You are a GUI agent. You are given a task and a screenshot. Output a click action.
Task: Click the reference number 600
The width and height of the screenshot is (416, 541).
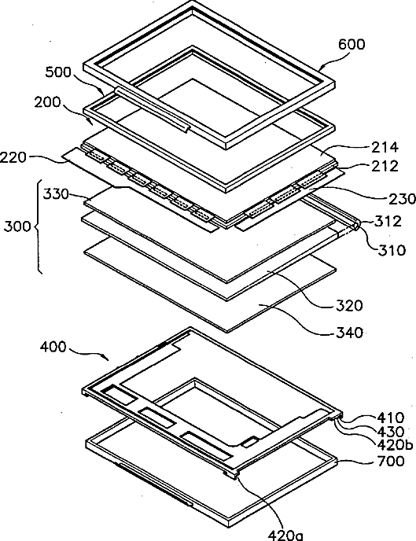[352, 45]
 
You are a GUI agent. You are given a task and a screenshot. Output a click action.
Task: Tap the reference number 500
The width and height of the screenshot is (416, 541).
[58, 72]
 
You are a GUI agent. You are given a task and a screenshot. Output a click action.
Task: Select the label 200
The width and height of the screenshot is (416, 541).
[48, 102]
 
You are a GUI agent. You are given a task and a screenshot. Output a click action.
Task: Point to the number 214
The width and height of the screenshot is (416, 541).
[385, 148]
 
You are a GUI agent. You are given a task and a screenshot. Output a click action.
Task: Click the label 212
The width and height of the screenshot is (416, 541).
[385, 166]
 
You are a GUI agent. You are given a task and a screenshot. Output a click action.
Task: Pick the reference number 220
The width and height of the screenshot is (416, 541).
[13, 158]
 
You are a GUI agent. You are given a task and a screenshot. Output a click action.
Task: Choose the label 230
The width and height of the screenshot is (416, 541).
[402, 199]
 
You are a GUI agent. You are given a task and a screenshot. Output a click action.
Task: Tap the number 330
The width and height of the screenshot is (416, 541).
[56, 194]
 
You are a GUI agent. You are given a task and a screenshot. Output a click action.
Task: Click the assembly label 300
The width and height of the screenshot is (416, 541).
[17, 226]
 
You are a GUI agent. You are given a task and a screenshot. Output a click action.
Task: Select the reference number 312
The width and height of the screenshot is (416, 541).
[388, 221]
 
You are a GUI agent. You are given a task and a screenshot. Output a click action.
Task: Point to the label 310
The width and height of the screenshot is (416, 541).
[392, 250]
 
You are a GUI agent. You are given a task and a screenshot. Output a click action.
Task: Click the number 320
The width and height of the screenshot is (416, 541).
[349, 305]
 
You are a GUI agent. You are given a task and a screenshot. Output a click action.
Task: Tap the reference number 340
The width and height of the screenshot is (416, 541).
[349, 333]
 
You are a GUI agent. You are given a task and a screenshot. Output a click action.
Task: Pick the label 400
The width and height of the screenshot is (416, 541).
[53, 347]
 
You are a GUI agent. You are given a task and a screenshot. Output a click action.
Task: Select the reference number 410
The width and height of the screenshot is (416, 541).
[390, 418]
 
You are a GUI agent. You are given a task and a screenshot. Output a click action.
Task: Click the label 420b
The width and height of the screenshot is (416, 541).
[395, 445]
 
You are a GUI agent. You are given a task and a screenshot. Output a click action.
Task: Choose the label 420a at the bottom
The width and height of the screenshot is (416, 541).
[285, 535]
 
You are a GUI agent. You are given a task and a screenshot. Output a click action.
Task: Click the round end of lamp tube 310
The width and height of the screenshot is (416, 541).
[356, 226]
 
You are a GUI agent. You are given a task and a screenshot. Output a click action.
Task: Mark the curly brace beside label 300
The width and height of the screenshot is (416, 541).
[37, 226]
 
